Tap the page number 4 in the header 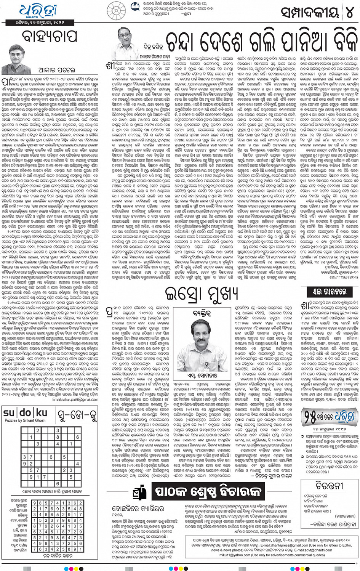click(350, 13)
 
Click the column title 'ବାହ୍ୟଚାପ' click(50, 37)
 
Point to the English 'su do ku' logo click(26, 413)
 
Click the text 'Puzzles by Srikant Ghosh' click(25, 420)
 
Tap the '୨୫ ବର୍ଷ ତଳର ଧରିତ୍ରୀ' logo click(329, 417)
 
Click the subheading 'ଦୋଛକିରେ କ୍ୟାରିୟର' click(138, 508)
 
